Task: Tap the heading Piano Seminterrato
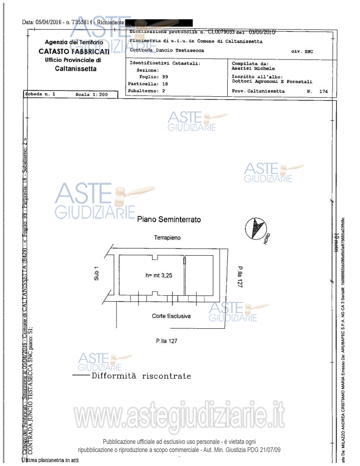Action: coord(169,220)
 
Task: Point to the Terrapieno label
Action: coord(168,237)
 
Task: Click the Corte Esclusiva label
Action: coord(171,316)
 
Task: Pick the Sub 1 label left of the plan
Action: coord(96,273)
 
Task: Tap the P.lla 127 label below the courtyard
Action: coord(166,341)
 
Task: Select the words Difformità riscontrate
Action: coord(141,376)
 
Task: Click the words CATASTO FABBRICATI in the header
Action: coord(74,51)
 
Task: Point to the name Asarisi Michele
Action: coord(253,69)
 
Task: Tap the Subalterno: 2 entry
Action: coord(146,90)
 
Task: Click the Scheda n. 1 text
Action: coord(40,95)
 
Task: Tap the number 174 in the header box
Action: coord(323,91)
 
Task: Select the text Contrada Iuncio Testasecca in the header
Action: coord(166,50)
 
